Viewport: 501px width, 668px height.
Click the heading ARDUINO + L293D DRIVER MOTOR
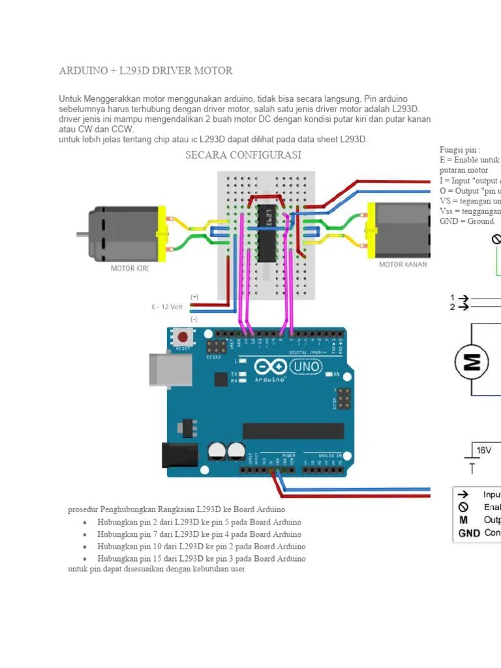click(x=145, y=70)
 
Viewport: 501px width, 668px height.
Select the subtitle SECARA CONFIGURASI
click(x=243, y=155)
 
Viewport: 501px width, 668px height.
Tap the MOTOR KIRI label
click(x=130, y=268)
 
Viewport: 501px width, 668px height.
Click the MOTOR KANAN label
click(x=402, y=264)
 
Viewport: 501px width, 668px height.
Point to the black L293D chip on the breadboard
click(x=266, y=232)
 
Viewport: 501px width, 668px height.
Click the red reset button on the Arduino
click(x=183, y=338)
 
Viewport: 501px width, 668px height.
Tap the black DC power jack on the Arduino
click(x=177, y=455)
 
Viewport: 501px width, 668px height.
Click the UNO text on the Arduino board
click(x=305, y=367)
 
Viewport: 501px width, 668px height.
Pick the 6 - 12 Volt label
click(x=167, y=307)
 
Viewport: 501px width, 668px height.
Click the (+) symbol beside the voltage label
click(x=194, y=297)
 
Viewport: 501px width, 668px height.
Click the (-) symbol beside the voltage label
click(x=194, y=320)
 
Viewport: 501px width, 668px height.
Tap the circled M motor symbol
click(x=471, y=361)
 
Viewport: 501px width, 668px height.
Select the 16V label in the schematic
click(x=483, y=450)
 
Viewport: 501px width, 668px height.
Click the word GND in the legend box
click(x=468, y=532)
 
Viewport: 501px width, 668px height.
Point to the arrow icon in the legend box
click(x=464, y=495)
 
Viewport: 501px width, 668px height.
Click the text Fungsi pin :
click(x=460, y=150)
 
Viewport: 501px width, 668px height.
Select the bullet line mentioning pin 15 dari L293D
click(x=201, y=558)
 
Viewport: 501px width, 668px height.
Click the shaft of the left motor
click(x=82, y=234)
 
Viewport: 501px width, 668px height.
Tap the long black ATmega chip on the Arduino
click(x=293, y=431)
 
